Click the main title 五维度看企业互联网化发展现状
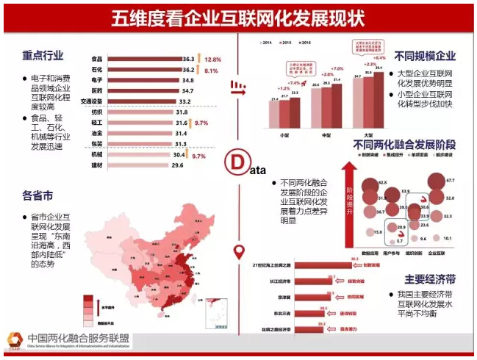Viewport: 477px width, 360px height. pyautogui.click(x=237, y=18)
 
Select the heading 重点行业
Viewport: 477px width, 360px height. pyautogui.click(x=43, y=55)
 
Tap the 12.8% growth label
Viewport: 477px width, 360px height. pyautogui.click(x=213, y=58)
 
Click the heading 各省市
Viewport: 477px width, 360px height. pyautogui.click(x=37, y=196)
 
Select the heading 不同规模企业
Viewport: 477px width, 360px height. pyautogui.click(x=425, y=56)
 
